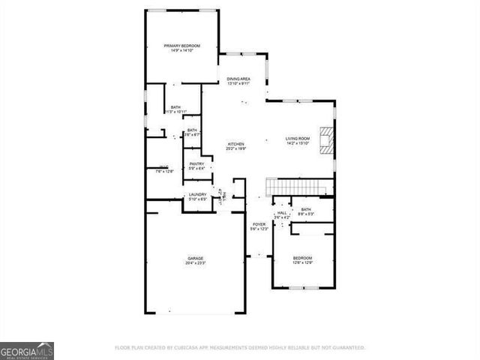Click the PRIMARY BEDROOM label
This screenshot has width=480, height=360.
[182, 46]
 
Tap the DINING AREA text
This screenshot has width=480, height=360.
[238, 79]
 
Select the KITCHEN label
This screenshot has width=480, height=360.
[237, 144]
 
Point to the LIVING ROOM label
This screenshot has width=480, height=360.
[297, 139]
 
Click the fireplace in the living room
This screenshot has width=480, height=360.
[325, 141]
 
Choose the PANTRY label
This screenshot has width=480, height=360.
[196, 163]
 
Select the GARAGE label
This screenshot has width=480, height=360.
[195, 259]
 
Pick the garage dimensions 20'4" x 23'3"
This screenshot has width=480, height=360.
[195, 264]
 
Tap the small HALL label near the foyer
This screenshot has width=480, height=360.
[281, 213]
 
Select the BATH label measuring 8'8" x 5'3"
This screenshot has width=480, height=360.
[306, 210]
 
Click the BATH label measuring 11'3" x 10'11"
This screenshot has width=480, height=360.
[175, 107]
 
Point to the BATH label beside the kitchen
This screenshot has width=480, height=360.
[193, 130]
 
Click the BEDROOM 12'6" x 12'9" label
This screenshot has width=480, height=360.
[302, 258]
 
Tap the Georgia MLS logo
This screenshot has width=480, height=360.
[27, 351]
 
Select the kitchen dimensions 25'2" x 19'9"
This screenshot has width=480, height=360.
[237, 149]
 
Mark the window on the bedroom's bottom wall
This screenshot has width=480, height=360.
[301, 288]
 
